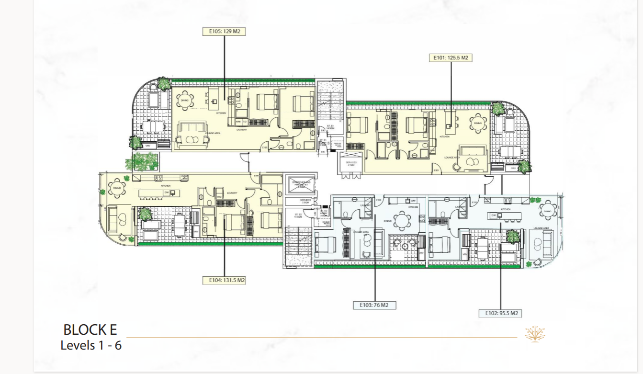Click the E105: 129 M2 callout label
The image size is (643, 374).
pos(225,32)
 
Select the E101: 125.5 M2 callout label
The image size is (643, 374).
pos(450,58)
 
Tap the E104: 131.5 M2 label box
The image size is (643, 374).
pos(224,280)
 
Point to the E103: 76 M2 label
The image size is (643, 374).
pos(374,305)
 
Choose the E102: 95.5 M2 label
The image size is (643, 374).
pos(500,313)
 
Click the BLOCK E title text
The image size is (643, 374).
pos(90,329)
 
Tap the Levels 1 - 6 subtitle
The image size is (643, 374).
pos(91,345)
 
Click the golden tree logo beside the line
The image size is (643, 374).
pos(535,334)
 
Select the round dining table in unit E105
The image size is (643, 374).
pos(185,101)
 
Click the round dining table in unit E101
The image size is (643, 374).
pos(478,123)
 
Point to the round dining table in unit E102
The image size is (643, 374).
pos(547,211)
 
